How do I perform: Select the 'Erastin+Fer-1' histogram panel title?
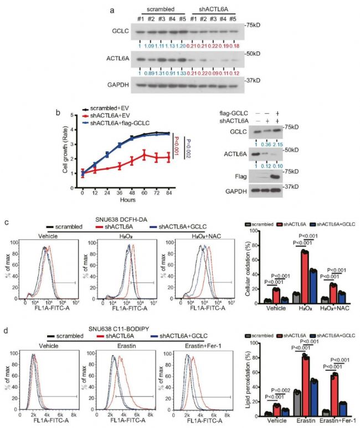tap(200, 345)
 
